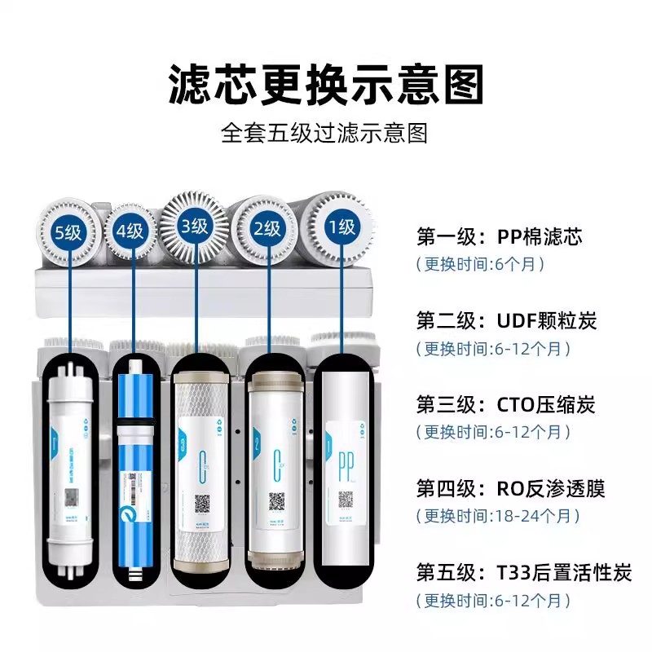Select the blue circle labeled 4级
[x=129, y=231]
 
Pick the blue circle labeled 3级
[x=194, y=226]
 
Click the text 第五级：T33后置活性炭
[x=523, y=573]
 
